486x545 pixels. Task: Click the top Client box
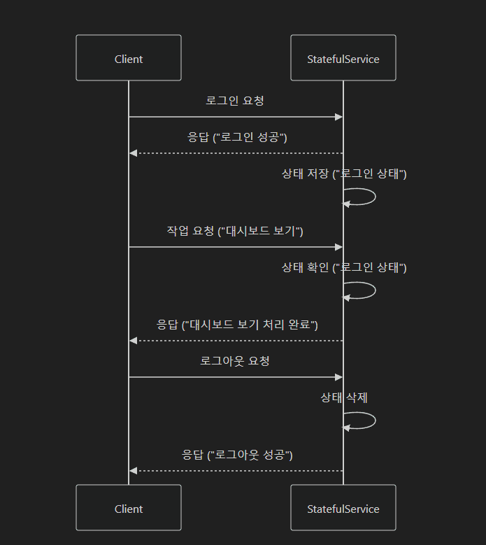[128, 59]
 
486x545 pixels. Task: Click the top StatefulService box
[343, 59]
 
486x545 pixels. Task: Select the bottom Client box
[128, 509]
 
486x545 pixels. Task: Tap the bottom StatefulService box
[343, 509]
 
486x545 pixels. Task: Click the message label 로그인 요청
[235, 100]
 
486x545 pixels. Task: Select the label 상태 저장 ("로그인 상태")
[344, 174]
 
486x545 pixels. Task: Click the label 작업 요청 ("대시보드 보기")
[235, 230]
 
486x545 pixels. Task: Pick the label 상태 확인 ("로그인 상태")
[344, 267]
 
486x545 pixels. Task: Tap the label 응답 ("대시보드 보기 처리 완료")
[237, 324]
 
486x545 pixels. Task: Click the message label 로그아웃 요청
[235, 361]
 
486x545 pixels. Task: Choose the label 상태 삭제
[344, 397]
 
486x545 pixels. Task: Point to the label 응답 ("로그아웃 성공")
[237, 454]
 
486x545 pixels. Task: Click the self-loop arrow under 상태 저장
[374, 197]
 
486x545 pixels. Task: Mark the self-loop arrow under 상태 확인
[374, 290]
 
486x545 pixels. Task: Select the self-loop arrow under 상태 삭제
[374, 420]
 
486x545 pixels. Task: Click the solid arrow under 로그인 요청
[235, 117]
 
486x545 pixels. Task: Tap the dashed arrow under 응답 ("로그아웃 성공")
[235, 471]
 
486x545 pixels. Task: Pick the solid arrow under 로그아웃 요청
[235, 377]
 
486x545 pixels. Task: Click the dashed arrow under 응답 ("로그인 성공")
[235, 153]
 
